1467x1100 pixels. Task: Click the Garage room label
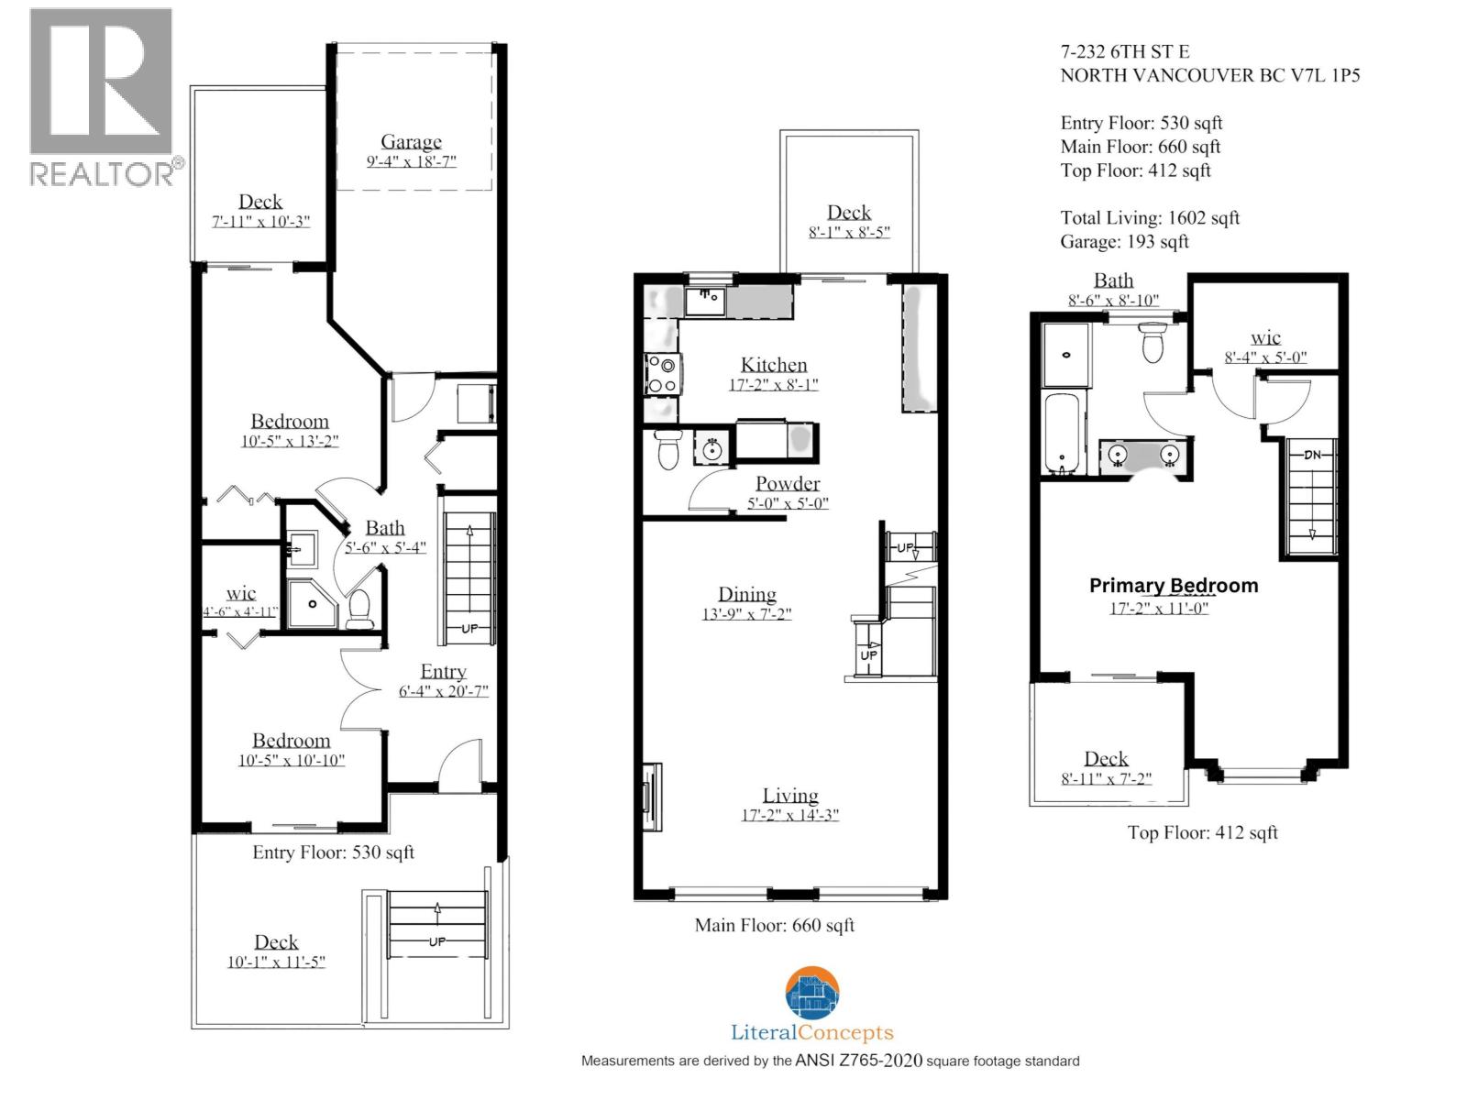411,141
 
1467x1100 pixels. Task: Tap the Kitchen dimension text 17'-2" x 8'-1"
773,385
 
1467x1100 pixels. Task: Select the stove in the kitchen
661,374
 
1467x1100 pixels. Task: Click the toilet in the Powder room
668,450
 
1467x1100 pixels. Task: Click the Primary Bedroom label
1173,586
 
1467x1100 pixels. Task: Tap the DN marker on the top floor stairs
1312,454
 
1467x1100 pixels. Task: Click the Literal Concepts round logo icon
811,994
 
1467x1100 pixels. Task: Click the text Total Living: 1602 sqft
1150,218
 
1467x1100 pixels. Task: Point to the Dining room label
746,594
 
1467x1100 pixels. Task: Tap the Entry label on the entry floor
443,671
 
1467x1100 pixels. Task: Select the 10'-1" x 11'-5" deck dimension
276,962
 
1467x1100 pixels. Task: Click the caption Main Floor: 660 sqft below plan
774,925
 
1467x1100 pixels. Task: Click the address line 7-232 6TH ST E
1125,52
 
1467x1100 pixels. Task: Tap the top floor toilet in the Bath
1152,345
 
